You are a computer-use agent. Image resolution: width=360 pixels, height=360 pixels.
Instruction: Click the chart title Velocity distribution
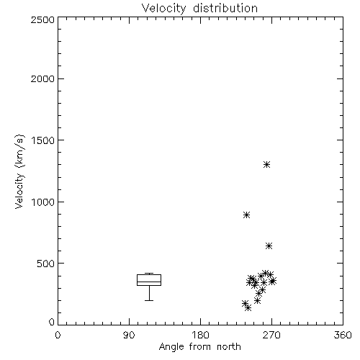pyautogui.click(x=199, y=9)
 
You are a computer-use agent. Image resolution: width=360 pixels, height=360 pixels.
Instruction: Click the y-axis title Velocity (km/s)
pyautogui.click(x=19, y=171)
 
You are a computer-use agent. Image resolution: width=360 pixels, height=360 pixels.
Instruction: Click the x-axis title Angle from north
pyautogui.click(x=200, y=347)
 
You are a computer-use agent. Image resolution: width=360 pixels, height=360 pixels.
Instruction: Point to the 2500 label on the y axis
pyautogui.click(x=42, y=19)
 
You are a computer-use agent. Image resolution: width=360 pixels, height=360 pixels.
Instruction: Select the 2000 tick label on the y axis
pyautogui.click(x=42, y=78)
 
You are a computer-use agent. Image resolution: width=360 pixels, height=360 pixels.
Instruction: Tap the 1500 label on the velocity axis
pyautogui.click(x=43, y=140)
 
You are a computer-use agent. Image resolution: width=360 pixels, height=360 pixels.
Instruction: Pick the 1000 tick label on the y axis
pyautogui.click(x=43, y=202)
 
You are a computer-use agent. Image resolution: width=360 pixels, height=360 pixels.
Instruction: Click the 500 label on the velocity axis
pyautogui.click(x=46, y=264)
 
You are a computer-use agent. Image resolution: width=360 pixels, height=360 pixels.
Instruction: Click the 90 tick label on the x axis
pyautogui.click(x=129, y=335)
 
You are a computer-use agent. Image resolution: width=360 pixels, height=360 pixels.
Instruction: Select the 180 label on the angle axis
pyautogui.click(x=200, y=335)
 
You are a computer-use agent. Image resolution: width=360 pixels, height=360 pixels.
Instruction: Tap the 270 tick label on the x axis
pyautogui.click(x=271, y=335)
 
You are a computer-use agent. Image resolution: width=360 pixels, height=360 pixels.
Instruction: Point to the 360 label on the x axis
pyautogui.click(x=343, y=335)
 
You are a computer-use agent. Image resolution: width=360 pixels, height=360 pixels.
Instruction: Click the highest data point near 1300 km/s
pyautogui.click(x=266, y=165)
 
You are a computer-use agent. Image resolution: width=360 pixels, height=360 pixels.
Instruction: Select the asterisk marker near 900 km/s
pyautogui.click(x=246, y=215)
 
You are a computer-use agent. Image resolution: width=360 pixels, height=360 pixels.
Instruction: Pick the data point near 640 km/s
pyautogui.click(x=269, y=246)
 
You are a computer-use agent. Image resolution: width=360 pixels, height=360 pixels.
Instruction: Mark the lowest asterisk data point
pyautogui.click(x=248, y=307)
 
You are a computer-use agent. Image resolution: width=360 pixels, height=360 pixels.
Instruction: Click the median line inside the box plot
pyautogui.click(x=149, y=282)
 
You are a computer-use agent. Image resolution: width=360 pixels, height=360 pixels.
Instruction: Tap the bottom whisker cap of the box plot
pyautogui.click(x=149, y=300)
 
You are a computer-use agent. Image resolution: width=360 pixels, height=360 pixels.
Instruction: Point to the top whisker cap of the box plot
pyautogui.click(x=149, y=274)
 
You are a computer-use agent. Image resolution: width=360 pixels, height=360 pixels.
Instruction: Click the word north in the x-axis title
pyautogui.click(x=229, y=347)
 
